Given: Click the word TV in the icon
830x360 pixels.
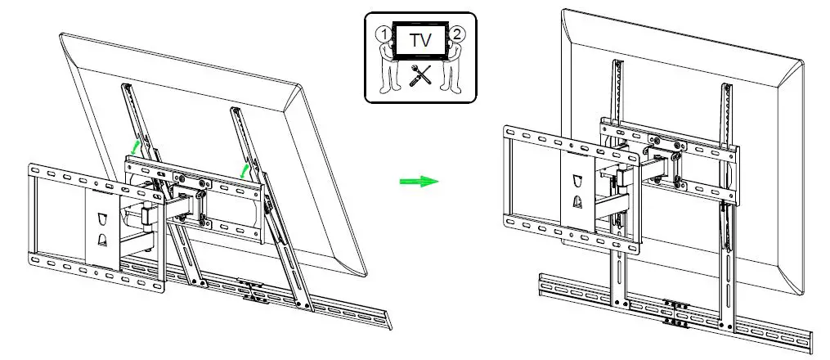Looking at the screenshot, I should click(x=419, y=38).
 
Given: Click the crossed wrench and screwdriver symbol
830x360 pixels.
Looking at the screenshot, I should click(x=419, y=76).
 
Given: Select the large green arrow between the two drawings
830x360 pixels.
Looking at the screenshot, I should click(x=419, y=181).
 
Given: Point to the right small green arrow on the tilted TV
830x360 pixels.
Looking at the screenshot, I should click(x=244, y=169).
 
